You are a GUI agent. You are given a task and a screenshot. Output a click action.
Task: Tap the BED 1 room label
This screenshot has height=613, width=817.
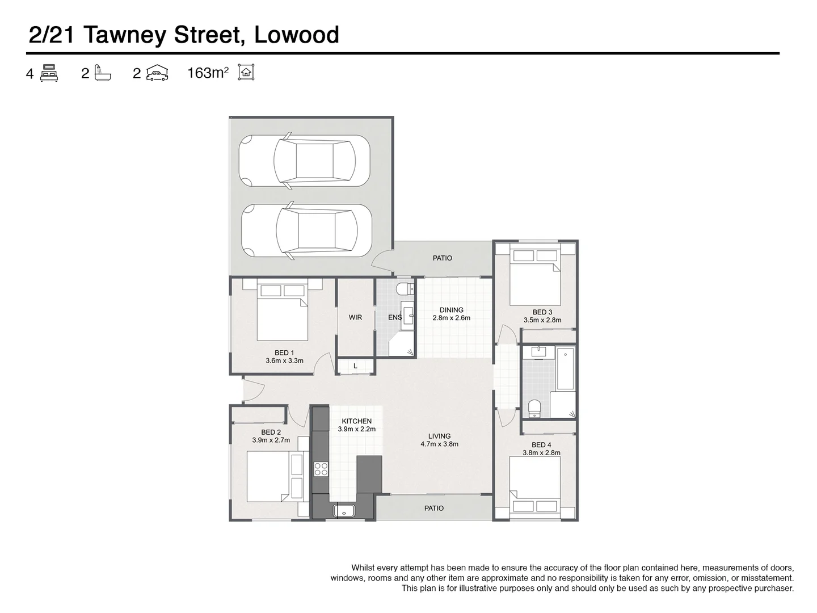[x=284, y=353]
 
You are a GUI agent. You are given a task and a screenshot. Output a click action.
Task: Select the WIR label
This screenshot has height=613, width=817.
[x=355, y=317]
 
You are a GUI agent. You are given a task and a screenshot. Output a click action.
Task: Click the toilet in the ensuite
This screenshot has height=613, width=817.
[x=404, y=288]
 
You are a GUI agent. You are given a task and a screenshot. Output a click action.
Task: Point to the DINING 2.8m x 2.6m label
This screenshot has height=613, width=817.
[x=452, y=314]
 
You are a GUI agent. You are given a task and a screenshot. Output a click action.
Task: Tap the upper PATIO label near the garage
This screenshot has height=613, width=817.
[x=443, y=258]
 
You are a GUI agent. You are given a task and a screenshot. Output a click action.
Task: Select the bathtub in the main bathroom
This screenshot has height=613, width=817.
[x=566, y=369]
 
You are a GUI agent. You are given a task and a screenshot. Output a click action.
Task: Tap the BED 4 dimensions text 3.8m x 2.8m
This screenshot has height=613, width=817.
[x=541, y=453]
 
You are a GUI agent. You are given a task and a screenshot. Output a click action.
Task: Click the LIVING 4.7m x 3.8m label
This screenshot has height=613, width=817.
[x=439, y=440]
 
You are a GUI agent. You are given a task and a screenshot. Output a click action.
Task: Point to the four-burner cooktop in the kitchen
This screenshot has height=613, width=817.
[x=321, y=469]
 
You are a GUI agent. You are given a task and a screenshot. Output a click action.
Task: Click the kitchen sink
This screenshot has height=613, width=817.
[x=344, y=511]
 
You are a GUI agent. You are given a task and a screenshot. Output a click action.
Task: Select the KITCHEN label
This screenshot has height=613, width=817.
[x=356, y=421]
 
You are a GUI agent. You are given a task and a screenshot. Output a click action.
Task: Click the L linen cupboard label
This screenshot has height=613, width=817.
[x=355, y=366]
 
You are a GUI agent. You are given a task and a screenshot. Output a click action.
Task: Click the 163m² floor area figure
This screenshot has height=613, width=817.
[x=208, y=73]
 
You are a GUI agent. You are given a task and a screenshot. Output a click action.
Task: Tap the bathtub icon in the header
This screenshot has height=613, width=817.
[x=103, y=73]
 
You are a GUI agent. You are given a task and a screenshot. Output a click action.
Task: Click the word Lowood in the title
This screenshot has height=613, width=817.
[x=296, y=35]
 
